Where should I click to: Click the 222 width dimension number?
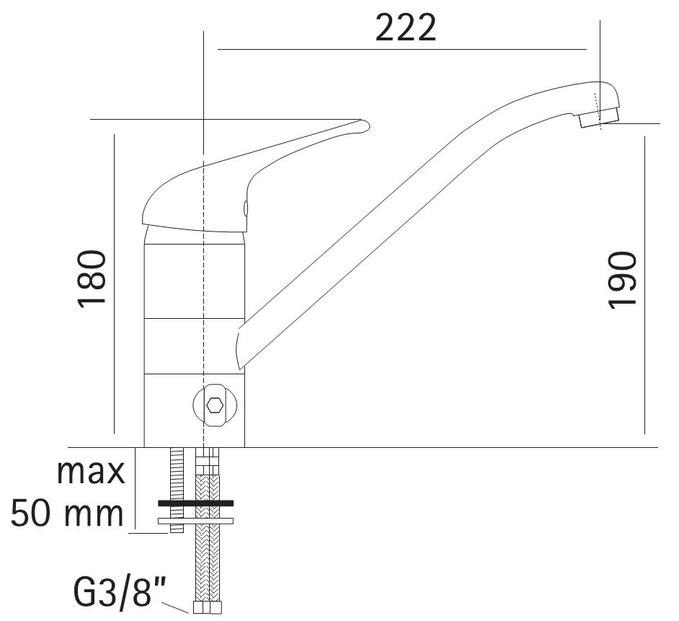tap(406, 28)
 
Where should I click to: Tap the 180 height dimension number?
tap(92, 278)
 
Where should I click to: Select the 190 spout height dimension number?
tap(623, 281)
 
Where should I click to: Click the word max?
tap(91, 472)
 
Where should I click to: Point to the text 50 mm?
tap(68, 514)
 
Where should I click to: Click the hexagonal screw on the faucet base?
tap(215, 405)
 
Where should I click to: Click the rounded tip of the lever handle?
tap(364, 125)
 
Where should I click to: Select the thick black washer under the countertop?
tap(196, 503)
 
